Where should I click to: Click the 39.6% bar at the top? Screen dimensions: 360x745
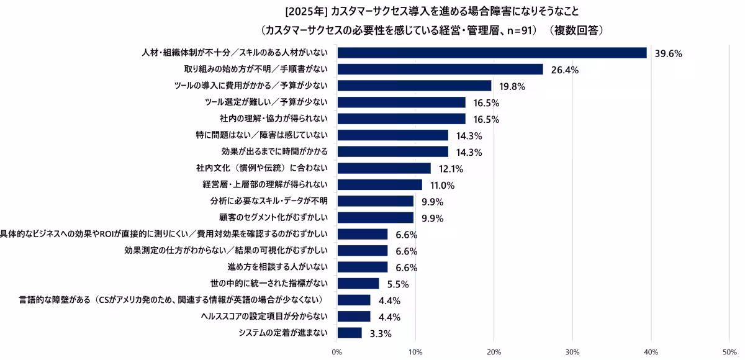[x=492, y=53]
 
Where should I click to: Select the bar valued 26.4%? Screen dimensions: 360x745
[x=440, y=70]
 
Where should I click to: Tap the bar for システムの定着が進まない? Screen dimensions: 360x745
[x=350, y=333]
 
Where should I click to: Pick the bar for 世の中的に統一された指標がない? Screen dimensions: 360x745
[x=358, y=284]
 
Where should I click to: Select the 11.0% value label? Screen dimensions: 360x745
[x=442, y=185]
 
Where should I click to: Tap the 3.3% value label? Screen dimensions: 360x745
[x=381, y=333]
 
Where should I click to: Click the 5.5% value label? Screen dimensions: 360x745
[x=398, y=284]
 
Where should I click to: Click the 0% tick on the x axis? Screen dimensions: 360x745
[x=337, y=352]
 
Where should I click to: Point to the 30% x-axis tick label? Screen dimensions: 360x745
[x=572, y=352]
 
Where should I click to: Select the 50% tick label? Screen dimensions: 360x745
[x=729, y=352]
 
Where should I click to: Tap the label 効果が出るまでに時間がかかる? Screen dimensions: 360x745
[x=278, y=151]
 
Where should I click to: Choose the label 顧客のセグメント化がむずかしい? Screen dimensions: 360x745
[x=278, y=217]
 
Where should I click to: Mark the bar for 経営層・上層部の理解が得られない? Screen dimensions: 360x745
[x=379, y=185]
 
